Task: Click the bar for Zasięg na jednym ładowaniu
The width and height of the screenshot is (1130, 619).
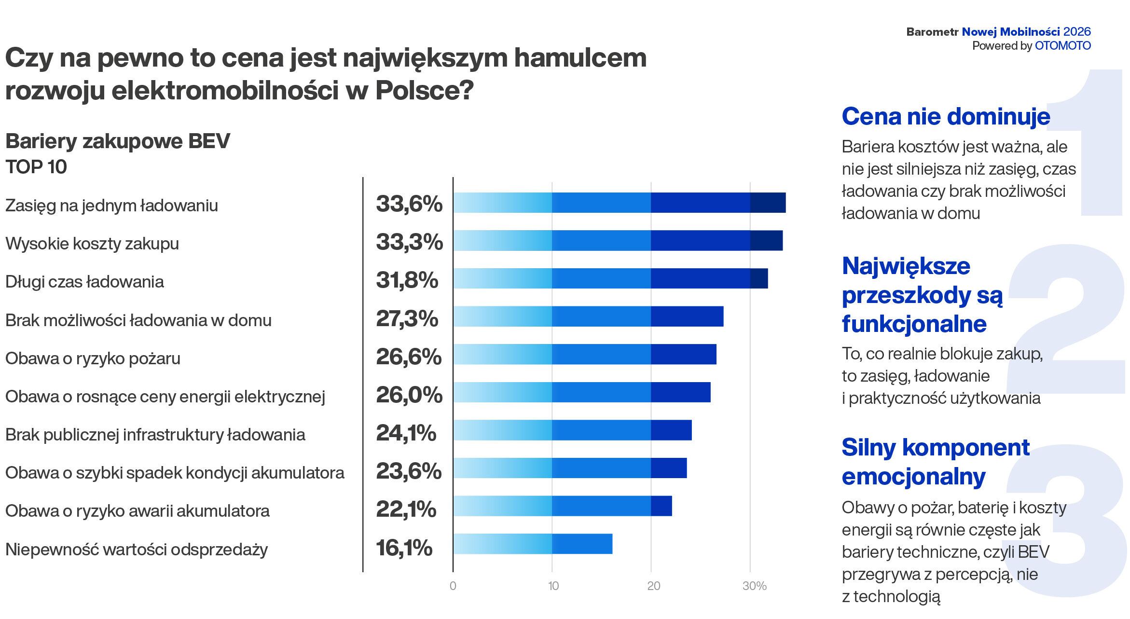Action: [619, 203]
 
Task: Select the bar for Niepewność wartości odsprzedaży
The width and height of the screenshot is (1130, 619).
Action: [533, 544]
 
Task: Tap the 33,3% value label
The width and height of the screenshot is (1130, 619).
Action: [409, 242]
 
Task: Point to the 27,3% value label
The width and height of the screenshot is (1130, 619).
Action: [407, 318]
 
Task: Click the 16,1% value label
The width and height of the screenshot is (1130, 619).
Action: [404, 548]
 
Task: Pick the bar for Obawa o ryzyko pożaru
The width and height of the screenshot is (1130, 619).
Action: [584, 354]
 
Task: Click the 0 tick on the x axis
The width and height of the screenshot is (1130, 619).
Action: [453, 586]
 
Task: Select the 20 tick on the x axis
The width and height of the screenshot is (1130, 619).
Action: [653, 586]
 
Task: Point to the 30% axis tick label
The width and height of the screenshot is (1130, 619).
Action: [754, 586]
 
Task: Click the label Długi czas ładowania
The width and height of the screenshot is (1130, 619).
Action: [84, 282]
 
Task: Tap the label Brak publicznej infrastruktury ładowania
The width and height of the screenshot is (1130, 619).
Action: [155, 435]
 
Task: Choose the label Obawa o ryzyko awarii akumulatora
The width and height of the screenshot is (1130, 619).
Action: [137, 511]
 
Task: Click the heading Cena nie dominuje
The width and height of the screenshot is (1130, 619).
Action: [946, 117]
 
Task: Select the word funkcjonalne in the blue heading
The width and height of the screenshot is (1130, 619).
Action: [914, 324]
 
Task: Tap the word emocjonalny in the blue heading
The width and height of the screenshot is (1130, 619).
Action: [913, 477]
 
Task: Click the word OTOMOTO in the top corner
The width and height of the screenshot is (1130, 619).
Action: [1062, 46]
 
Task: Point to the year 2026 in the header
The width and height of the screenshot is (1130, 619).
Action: [1076, 32]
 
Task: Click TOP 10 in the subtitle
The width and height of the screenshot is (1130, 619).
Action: [36, 167]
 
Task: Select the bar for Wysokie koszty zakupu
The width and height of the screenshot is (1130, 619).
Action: [618, 240]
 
